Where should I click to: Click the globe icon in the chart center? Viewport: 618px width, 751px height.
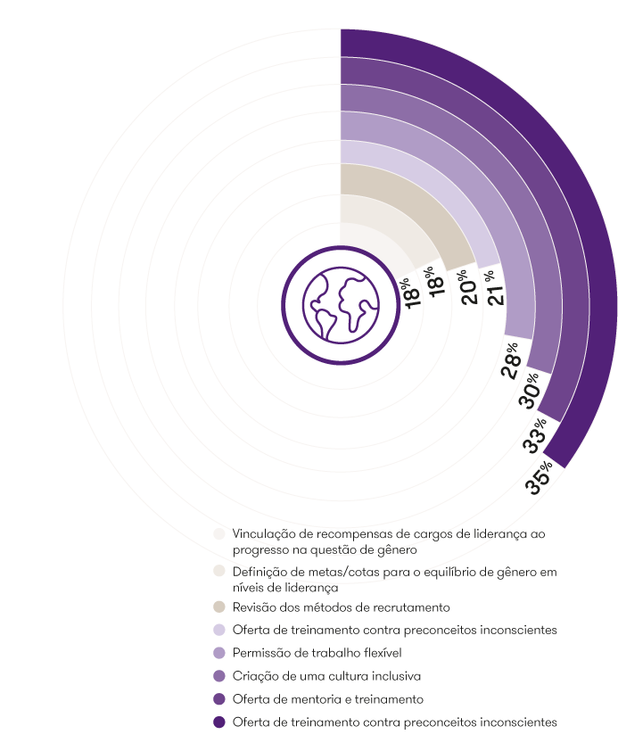(x=340, y=304)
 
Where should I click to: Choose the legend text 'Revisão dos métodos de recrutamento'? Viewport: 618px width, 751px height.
(x=342, y=607)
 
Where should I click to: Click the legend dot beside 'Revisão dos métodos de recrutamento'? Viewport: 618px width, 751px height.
(x=218, y=607)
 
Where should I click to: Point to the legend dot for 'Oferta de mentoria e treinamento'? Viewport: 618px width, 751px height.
(x=218, y=698)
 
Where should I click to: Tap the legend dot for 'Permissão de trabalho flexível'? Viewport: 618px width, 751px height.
(x=218, y=653)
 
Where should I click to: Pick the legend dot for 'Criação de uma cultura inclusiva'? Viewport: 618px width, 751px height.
(x=218, y=675)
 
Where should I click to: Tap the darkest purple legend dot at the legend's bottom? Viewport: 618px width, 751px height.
(x=218, y=722)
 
